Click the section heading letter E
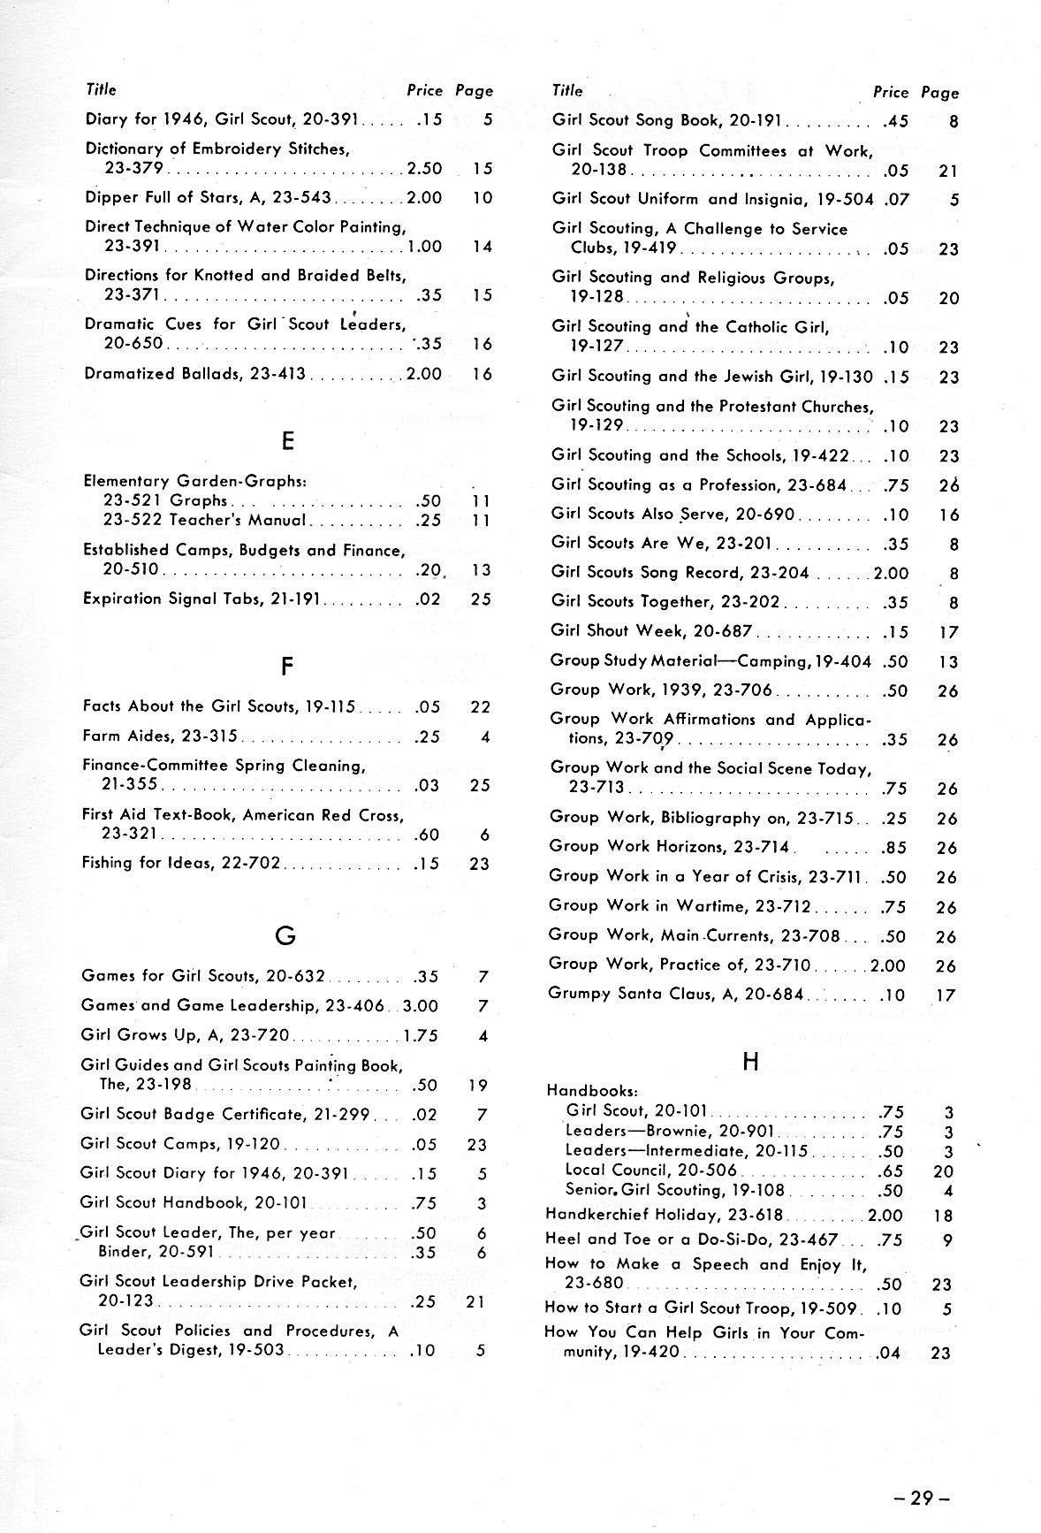287,441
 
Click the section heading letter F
286,667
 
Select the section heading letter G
285,935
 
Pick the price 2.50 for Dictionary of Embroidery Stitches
424,169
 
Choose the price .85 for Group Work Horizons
894,849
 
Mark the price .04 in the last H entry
889,1353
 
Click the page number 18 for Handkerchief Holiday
943,1216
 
